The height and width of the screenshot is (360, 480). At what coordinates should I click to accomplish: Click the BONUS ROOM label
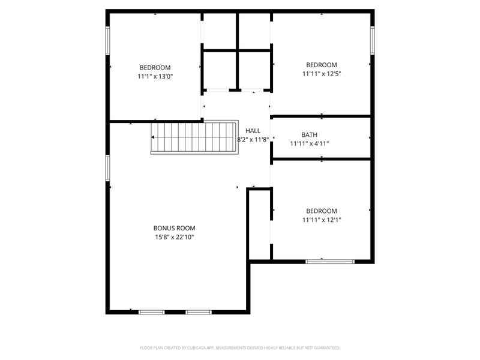tap(174, 228)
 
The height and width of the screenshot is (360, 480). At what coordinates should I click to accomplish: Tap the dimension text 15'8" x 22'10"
tap(174, 237)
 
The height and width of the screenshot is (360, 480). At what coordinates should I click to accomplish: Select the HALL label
tap(253, 131)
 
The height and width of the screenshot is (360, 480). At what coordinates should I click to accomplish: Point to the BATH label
tap(310, 135)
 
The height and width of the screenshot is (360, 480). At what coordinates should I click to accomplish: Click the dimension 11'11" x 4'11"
tap(310, 143)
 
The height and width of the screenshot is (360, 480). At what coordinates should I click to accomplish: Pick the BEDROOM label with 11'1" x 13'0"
tap(155, 68)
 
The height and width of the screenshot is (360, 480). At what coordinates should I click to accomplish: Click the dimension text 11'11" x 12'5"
tap(322, 74)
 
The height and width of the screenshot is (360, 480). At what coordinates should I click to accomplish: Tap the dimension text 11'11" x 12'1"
tap(322, 220)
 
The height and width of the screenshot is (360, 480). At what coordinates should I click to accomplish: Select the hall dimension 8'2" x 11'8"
tap(253, 140)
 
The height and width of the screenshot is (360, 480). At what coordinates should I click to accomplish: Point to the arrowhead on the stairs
tap(154, 137)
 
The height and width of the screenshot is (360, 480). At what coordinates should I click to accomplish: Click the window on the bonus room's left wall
tap(108, 167)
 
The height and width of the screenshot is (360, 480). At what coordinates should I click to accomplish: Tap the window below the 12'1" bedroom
tap(330, 261)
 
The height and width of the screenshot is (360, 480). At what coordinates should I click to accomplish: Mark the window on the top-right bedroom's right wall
tap(372, 40)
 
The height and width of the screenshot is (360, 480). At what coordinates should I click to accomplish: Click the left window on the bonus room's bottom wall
tap(151, 312)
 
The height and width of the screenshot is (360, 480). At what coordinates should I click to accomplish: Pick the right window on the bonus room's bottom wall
tap(198, 312)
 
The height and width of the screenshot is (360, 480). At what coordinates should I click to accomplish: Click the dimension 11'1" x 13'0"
tap(155, 77)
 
